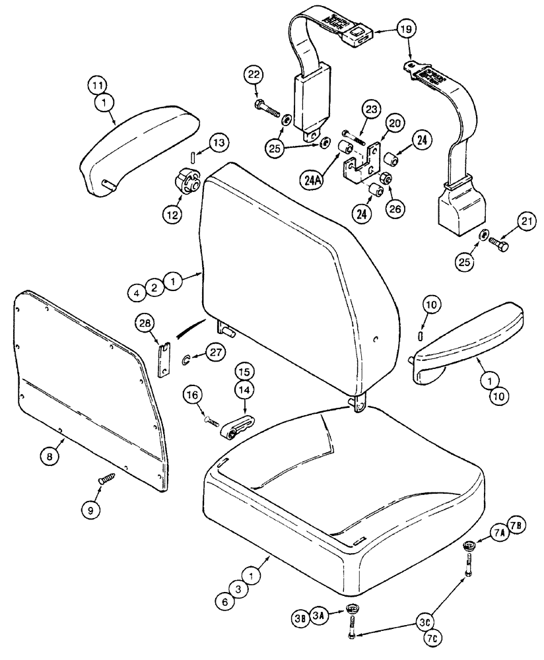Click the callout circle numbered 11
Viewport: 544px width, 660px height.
97,84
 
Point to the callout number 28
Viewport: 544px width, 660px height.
146,323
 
